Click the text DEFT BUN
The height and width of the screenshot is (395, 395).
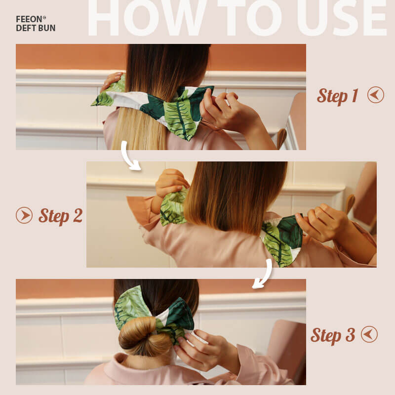[36, 28]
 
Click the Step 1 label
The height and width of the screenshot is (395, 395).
[338, 96]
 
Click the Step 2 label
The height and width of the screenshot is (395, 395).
[61, 216]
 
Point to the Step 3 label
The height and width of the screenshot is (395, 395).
[333, 335]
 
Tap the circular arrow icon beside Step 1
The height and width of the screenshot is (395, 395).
[376, 95]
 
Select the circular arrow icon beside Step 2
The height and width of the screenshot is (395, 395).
[24, 215]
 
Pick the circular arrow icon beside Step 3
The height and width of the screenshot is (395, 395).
[369, 334]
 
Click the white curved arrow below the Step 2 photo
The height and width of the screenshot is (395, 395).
[264, 275]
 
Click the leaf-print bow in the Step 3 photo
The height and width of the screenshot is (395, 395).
[153, 314]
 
